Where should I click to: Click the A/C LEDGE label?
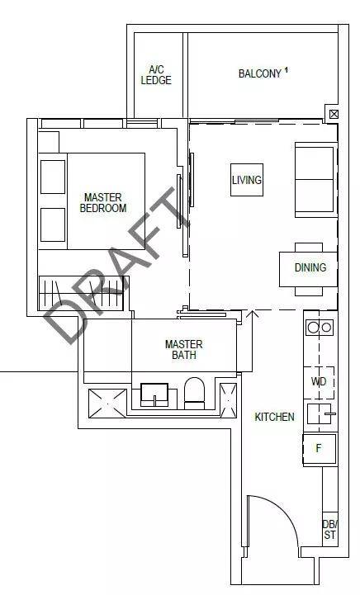156,75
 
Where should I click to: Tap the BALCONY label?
260,73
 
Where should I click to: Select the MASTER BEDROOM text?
103,203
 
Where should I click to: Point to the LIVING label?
247,179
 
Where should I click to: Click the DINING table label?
310,267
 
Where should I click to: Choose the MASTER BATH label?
184,349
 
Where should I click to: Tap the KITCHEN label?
275,417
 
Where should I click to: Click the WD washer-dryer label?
319,381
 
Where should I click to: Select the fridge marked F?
320,449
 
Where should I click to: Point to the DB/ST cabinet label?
329,529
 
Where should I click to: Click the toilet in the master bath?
194,393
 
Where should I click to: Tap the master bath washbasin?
154,394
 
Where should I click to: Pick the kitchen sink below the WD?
321,413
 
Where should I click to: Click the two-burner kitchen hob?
320,327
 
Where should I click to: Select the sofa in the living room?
316,180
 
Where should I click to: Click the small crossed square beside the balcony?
334,114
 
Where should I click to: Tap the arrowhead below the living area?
252,314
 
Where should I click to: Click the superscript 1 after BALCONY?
286,69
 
